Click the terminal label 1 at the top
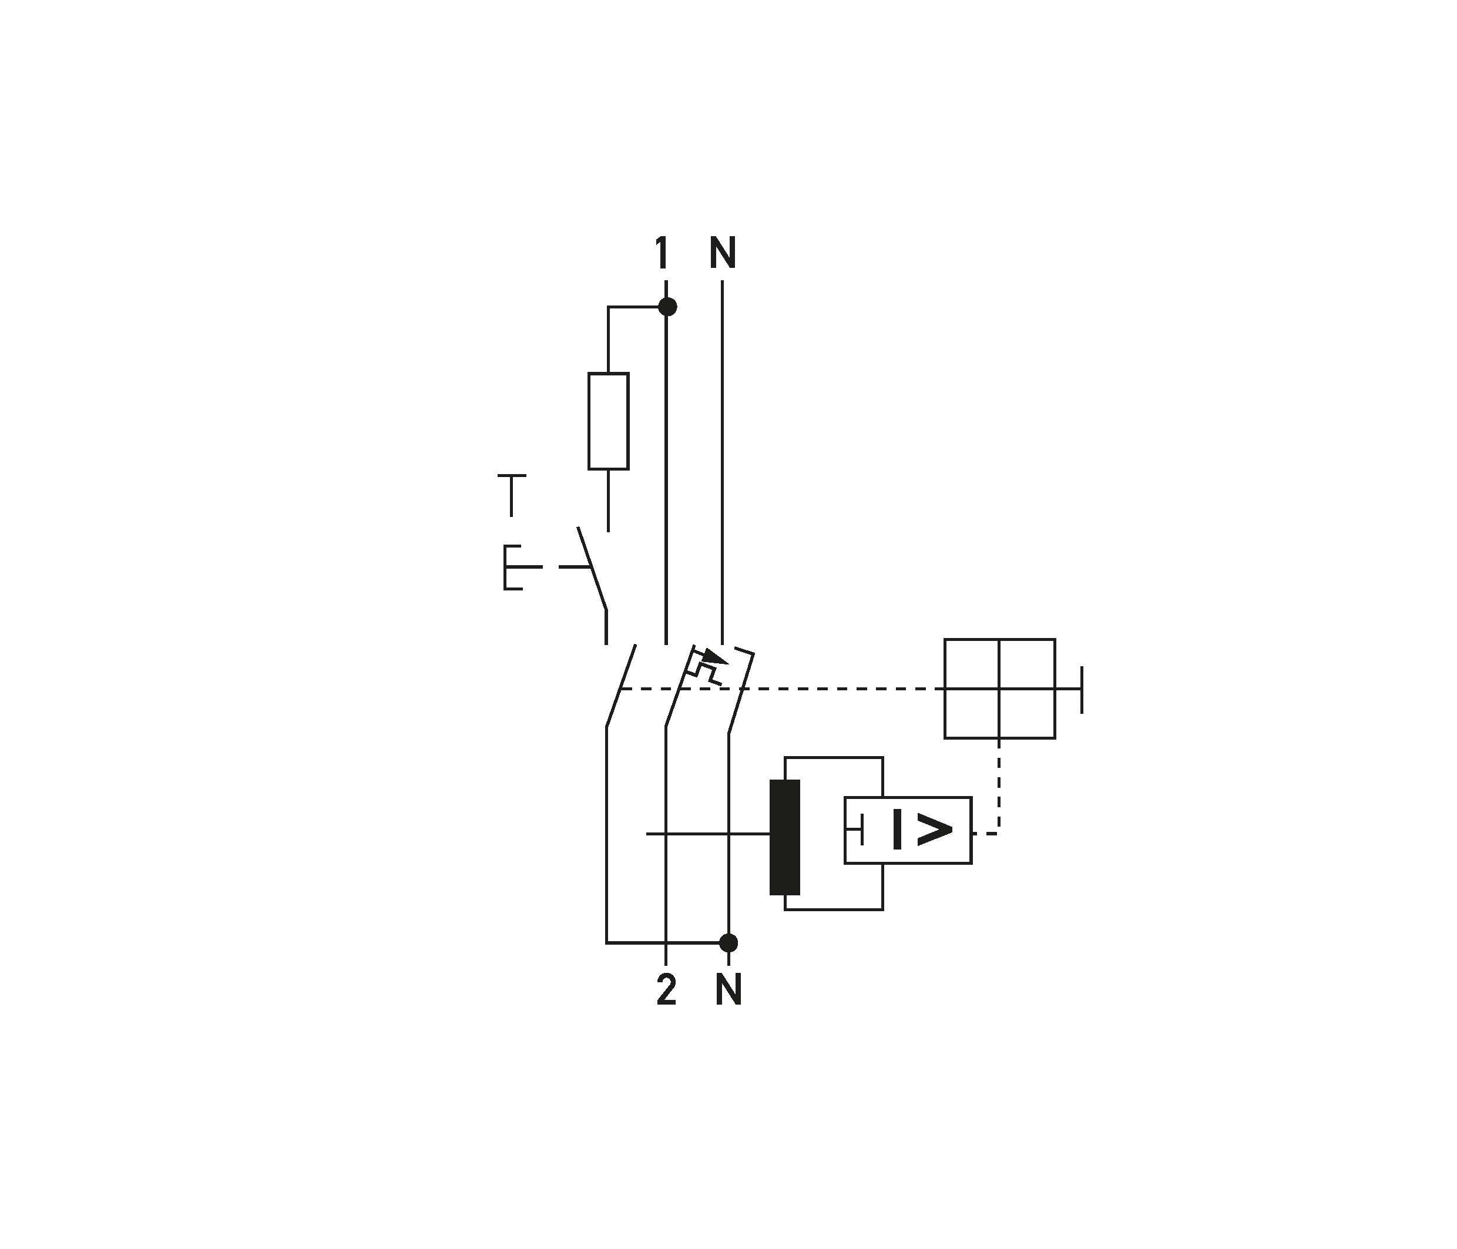(x=661, y=253)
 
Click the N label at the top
(x=722, y=253)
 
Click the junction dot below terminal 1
(x=667, y=307)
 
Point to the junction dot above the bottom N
(x=728, y=942)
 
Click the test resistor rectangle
(x=608, y=421)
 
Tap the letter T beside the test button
(x=512, y=495)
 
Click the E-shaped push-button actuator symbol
(x=522, y=566)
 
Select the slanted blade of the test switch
(x=592, y=567)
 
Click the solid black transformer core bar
(x=785, y=837)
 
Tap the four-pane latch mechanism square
(x=999, y=689)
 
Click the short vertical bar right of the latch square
(x=1082, y=689)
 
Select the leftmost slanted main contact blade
(x=621, y=685)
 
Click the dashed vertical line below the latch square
(x=999, y=786)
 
